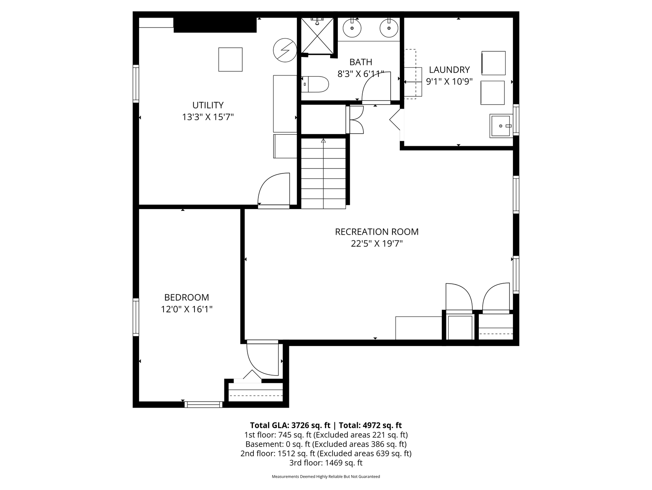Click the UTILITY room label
(x=208, y=105)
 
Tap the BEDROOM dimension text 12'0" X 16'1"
(x=187, y=309)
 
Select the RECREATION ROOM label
(x=377, y=232)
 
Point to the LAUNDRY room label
(x=449, y=70)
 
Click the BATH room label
(x=361, y=62)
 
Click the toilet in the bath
(x=315, y=84)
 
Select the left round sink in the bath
(x=352, y=28)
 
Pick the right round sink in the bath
(x=389, y=28)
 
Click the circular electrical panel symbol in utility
(x=285, y=50)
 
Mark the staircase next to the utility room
(x=323, y=173)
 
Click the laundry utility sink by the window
(x=501, y=126)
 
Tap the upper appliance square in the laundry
(x=493, y=63)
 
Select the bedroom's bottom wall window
(x=203, y=405)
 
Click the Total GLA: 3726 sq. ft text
(x=290, y=425)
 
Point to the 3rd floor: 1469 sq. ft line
(x=326, y=463)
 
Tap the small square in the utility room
(x=230, y=59)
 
